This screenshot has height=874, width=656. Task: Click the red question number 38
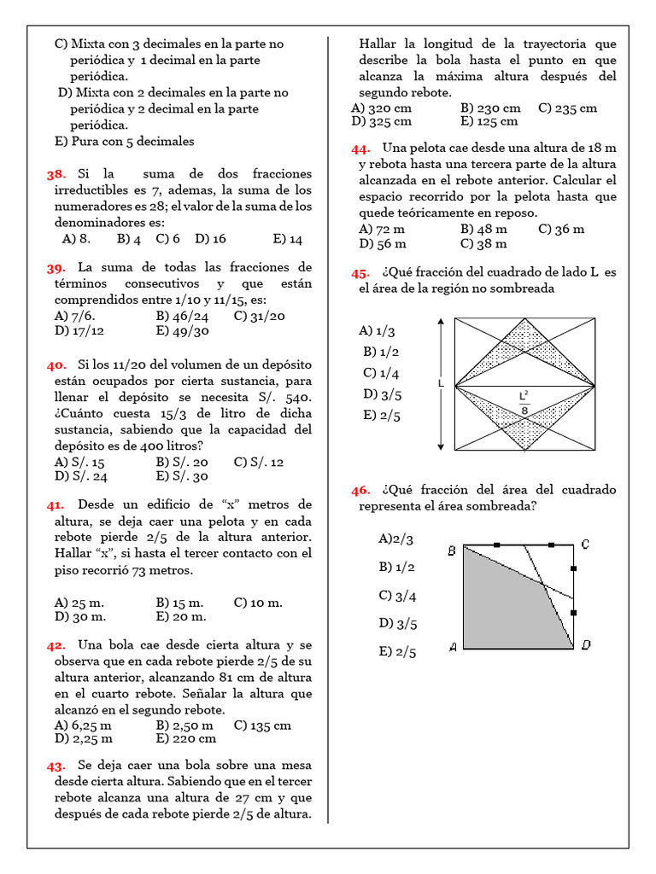[56, 174]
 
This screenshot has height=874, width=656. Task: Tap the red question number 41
[56, 504]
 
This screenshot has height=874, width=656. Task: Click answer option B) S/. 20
[182, 462]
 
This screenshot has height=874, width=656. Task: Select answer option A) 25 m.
[80, 603]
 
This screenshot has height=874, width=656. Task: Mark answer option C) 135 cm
[261, 725]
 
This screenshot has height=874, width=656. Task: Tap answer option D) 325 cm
[381, 121]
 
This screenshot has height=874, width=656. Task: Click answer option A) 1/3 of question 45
[378, 331]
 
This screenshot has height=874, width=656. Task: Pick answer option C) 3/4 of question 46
[397, 596]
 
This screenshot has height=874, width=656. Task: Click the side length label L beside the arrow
[441, 384]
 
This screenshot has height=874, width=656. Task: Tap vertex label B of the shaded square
[452, 551]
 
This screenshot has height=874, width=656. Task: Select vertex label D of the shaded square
[585, 645]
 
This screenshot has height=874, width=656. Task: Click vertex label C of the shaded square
[585, 545]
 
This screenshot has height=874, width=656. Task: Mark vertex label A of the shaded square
[452, 646]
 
